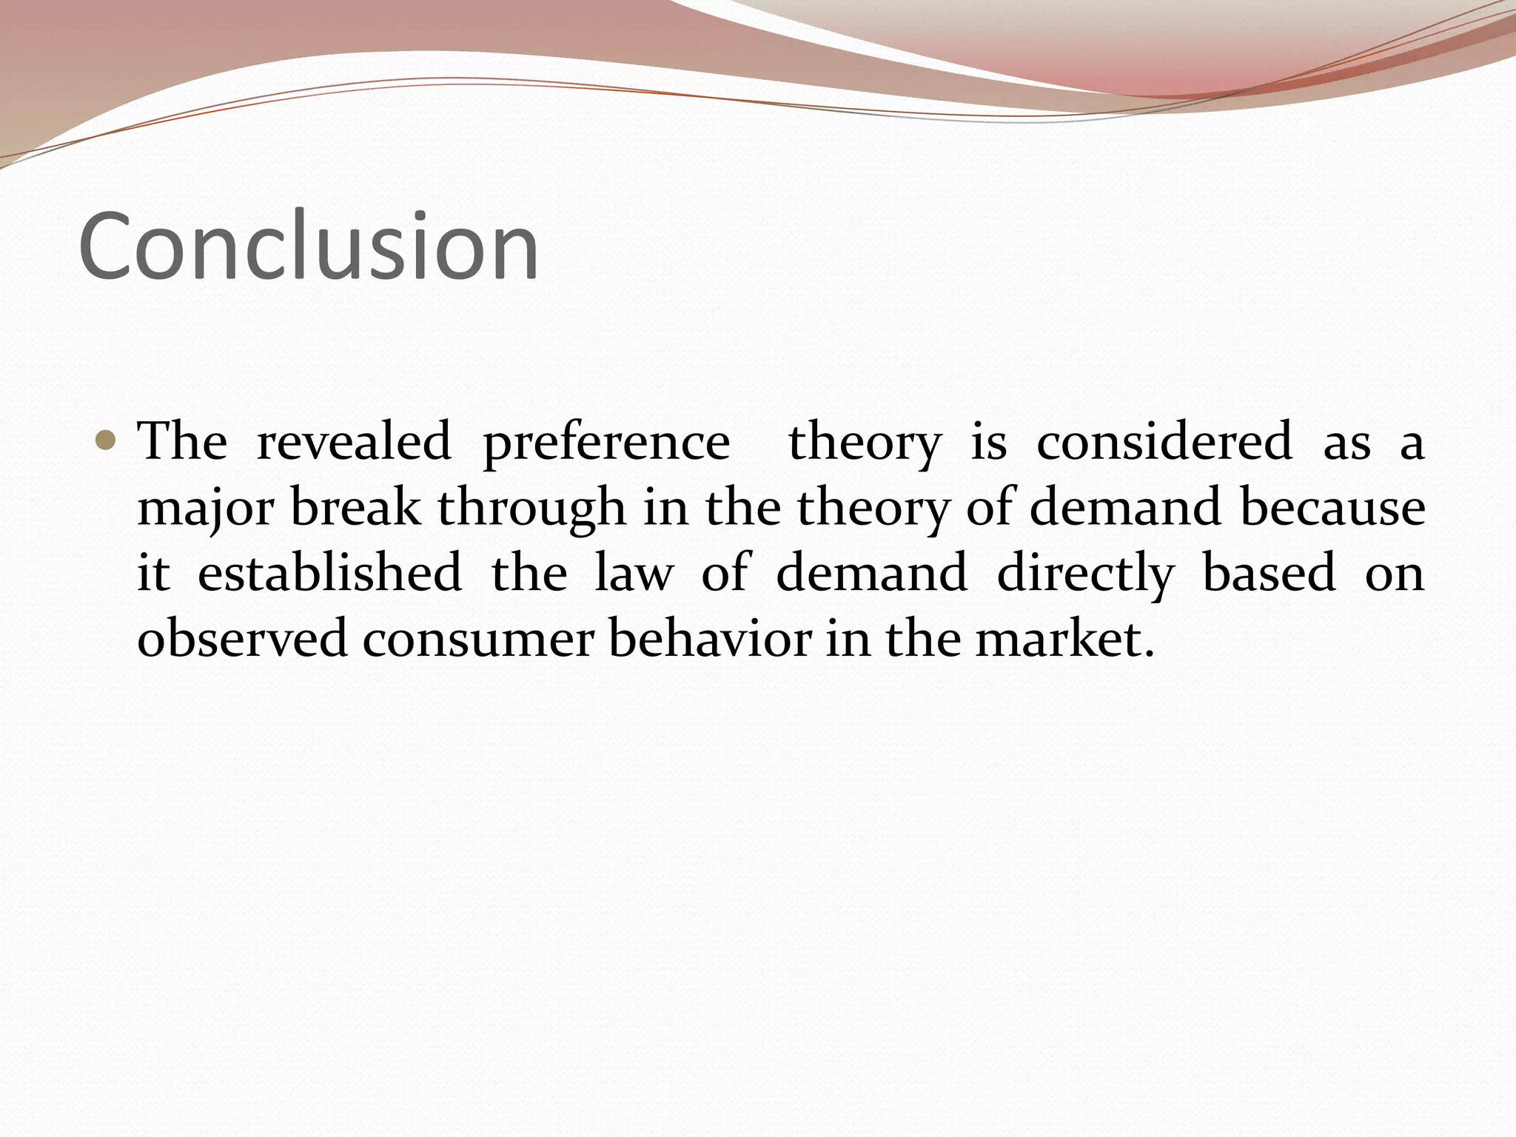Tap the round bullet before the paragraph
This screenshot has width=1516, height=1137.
tap(106, 442)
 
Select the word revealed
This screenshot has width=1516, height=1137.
tap(353, 442)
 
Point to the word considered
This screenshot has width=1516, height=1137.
tap(1164, 442)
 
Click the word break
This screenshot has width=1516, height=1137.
tap(355, 508)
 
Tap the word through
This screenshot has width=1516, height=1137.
tap(531, 509)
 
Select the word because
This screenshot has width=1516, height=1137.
tap(1332, 508)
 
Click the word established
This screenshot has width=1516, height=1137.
tap(329, 573)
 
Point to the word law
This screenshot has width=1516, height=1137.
tap(634, 573)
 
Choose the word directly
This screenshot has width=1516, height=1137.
tap(1085, 574)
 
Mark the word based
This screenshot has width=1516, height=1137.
tap(1270, 573)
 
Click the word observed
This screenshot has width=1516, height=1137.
tap(242, 638)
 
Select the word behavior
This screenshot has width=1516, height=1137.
tap(710, 638)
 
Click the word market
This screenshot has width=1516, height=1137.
tap(1064, 638)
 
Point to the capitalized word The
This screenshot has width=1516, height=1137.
tap(183, 442)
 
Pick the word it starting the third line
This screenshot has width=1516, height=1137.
tap(153, 573)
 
